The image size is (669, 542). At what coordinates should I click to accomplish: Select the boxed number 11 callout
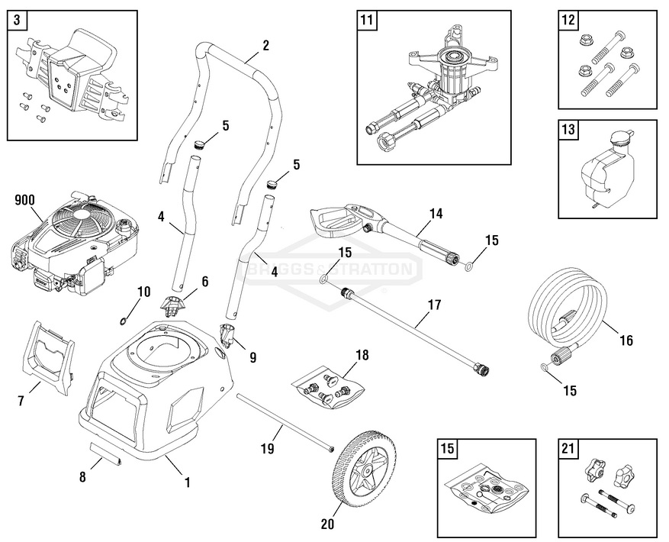tap(366, 21)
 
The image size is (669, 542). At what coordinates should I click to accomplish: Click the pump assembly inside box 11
tap(435, 92)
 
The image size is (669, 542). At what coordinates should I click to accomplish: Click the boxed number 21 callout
tap(567, 450)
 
